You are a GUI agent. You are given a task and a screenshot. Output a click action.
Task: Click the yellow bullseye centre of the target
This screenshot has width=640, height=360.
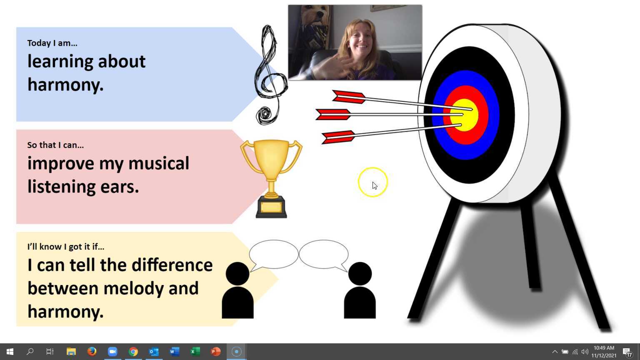coord(464,115)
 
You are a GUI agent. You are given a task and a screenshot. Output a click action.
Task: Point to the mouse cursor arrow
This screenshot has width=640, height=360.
coord(375,186)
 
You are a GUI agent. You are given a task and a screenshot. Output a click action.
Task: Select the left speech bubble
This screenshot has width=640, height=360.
coord(273,254)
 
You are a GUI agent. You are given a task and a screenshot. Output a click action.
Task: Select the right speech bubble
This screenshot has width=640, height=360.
coord(324,254)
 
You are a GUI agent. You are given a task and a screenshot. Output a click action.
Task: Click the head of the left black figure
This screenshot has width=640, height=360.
coord(237,274)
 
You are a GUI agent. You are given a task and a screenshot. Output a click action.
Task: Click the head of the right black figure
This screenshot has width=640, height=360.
coord(360,274)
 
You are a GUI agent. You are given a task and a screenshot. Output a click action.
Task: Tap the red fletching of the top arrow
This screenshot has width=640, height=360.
coord(349,97)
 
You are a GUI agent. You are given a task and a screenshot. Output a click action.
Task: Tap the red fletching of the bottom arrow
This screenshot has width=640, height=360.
coord(338,137)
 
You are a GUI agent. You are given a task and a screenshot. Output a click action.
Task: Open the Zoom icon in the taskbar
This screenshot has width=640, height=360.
coord(112,351)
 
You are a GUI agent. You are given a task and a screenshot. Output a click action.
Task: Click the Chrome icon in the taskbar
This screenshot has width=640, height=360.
coord(133,351)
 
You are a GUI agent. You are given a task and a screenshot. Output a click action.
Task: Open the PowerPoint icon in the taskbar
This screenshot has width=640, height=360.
coord(216,351)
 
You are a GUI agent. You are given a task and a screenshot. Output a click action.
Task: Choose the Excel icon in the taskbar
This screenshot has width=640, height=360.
coord(195,351)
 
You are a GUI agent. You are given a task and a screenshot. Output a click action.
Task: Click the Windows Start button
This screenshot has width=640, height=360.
coord(10,351)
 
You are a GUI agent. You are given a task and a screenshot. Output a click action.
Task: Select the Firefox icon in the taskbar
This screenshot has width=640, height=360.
coord(92,351)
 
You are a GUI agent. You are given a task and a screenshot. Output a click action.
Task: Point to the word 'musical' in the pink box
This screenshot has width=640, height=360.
coord(159,163)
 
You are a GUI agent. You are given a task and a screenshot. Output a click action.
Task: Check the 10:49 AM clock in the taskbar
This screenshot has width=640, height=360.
coord(604,348)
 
